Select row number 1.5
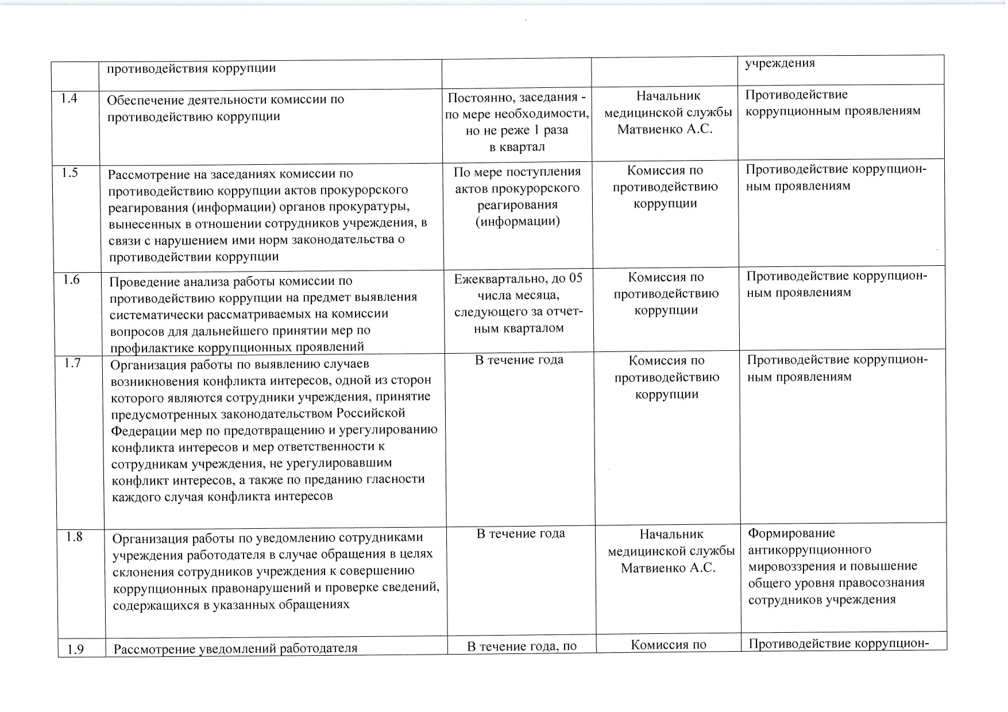point(70,173)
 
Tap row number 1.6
point(71,280)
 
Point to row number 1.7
point(72,363)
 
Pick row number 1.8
point(74,537)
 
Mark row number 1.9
point(76,649)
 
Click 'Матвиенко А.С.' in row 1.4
point(665,129)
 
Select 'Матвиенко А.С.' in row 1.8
point(668,568)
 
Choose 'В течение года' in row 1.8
point(520,533)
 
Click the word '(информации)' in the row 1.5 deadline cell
point(517,222)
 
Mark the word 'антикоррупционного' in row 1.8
point(809,550)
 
